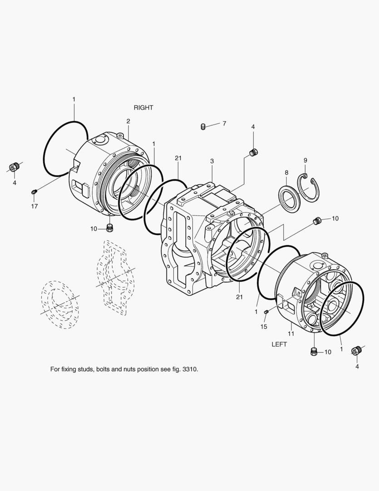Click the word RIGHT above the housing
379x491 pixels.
pos(143,107)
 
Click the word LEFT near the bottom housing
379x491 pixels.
pos(279,344)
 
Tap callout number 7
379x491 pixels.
pos(224,123)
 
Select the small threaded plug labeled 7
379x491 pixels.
pos(203,127)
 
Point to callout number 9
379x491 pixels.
pos(305,160)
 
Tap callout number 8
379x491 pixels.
pos(286,173)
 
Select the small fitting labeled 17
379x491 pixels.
pos(34,192)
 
